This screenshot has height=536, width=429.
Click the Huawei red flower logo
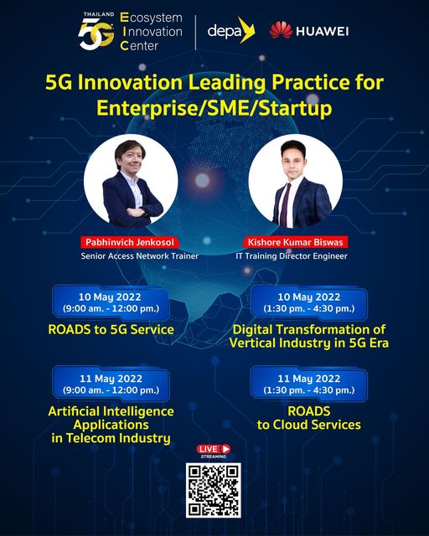point(281,30)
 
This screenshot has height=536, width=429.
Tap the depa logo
point(231,30)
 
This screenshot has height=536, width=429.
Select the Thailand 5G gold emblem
point(96,32)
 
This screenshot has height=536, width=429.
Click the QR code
point(214,490)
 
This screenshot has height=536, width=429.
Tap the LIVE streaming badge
point(214,451)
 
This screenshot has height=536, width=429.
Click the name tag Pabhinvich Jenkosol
point(130,242)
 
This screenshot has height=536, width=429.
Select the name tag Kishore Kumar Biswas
point(295,242)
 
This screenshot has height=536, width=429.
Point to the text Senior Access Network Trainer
point(140,256)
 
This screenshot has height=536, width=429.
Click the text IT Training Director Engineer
point(292,256)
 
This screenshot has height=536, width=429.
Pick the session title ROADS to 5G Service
point(111,329)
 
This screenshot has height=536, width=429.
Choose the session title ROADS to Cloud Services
point(309,418)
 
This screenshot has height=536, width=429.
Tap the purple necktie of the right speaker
point(285,204)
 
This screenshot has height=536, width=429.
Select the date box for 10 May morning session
point(111,303)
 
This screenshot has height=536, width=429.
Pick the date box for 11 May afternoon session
point(309,384)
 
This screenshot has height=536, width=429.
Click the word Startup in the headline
point(293,109)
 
